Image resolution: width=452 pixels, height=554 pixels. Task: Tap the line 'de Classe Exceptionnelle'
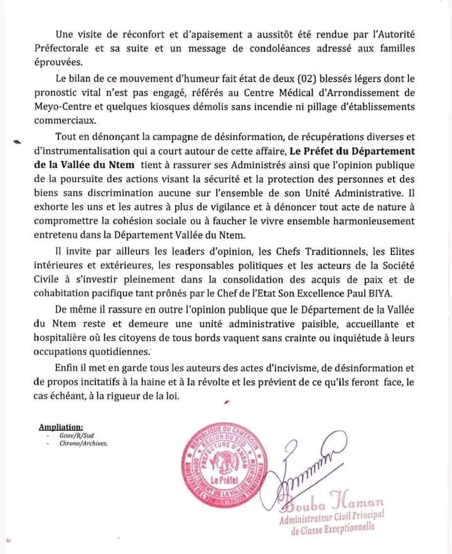(x=333, y=528)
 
